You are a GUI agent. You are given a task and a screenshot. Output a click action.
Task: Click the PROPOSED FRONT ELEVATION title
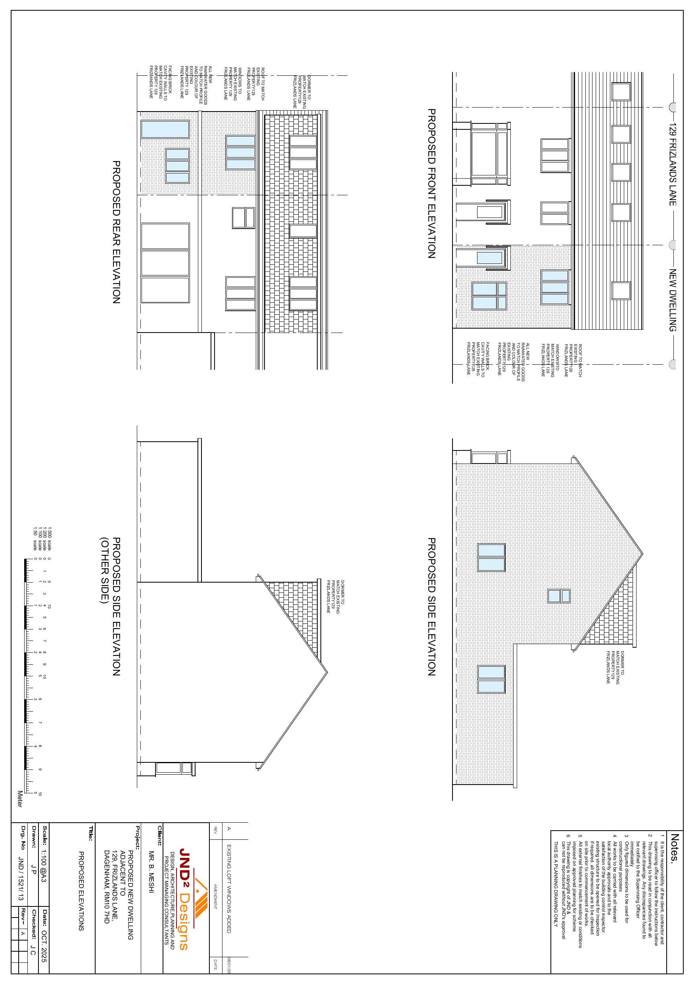[431, 183]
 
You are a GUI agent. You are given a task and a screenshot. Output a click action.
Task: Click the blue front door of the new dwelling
[489, 258]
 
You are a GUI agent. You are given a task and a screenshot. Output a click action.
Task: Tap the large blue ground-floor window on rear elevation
[165, 129]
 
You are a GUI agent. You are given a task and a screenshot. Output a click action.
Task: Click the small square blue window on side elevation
[559, 596]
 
